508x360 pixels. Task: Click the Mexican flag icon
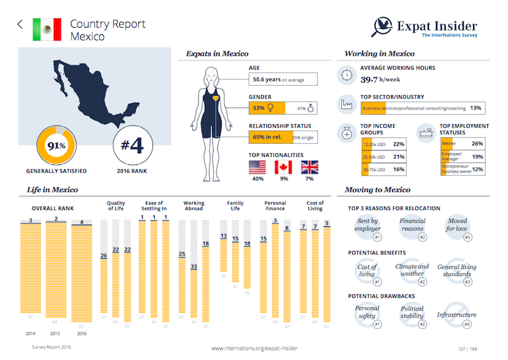coord(47,29)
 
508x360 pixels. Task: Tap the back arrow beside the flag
coord(20,24)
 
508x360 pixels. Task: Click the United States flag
coord(258,167)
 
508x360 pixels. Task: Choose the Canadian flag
coord(284,167)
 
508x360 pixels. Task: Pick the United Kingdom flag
coord(310,167)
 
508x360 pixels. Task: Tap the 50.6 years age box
coord(283,79)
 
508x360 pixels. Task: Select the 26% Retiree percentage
coord(477,143)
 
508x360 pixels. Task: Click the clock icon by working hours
coord(347,75)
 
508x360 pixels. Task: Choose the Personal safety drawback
coord(367,313)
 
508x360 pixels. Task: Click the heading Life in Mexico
coord(53,190)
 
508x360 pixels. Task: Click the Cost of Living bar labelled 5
coord(327,272)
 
